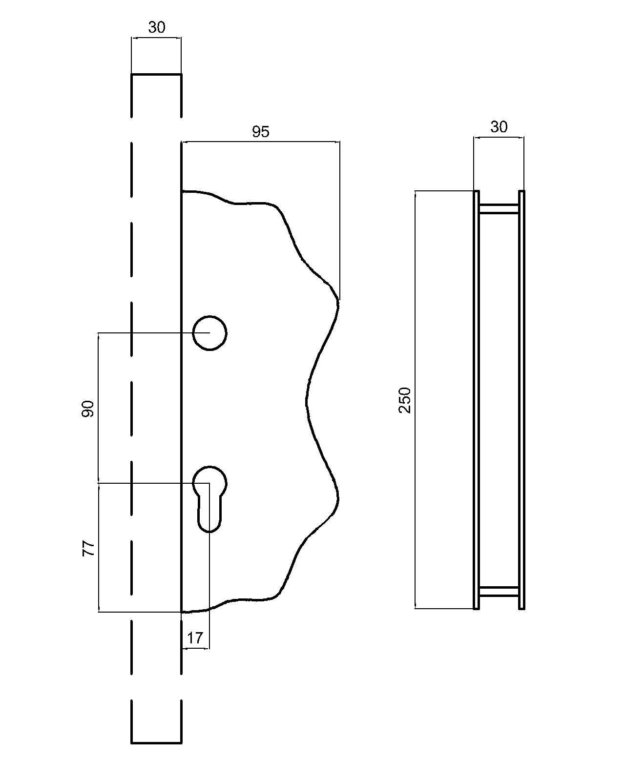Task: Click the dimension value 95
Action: point(260,132)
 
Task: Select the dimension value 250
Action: point(405,400)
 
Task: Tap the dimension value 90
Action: point(87,409)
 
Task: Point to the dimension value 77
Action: point(87,548)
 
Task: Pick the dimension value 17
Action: point(195,638)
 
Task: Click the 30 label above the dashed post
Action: point(157,28)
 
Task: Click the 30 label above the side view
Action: point(499,127)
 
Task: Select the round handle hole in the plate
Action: point(209,332)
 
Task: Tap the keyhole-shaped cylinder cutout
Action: point(209,498)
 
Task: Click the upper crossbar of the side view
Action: point(499,209)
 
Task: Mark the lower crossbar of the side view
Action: point(499,592)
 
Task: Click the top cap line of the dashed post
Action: point(156,75)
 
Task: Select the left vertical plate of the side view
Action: point(477,400)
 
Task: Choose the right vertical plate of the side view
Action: point(521,400)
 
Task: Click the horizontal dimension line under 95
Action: point(260,142)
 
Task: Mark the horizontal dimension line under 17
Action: point(195,649)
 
